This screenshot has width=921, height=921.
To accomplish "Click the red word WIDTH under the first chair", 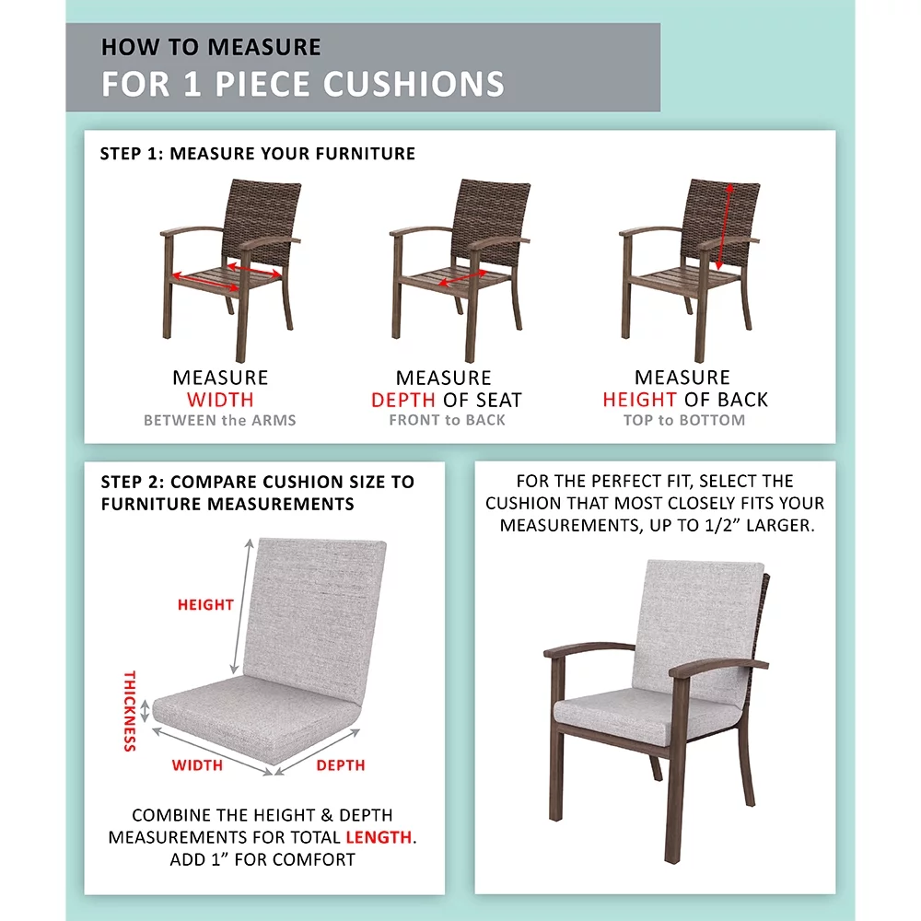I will click(220, 400).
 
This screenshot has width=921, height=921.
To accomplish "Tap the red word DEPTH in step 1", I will click(402, 401).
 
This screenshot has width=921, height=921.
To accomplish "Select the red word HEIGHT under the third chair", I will click(640, 400).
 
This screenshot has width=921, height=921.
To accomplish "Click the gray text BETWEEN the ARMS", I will click(220, 421).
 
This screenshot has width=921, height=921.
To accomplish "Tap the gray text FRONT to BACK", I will click(447, 421).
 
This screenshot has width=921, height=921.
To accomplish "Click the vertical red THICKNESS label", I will click(130, 710).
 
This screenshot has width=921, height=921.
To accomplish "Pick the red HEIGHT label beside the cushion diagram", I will click(205, 605).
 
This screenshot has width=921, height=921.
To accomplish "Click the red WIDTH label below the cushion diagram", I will click(197, 765).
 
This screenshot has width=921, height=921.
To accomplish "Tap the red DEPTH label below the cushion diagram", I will click(341, 765).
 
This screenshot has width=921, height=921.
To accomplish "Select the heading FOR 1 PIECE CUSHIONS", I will click(303, 83).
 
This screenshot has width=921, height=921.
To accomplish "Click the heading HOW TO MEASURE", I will click(211, 47).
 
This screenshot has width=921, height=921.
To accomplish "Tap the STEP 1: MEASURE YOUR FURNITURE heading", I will click(258, 154).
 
